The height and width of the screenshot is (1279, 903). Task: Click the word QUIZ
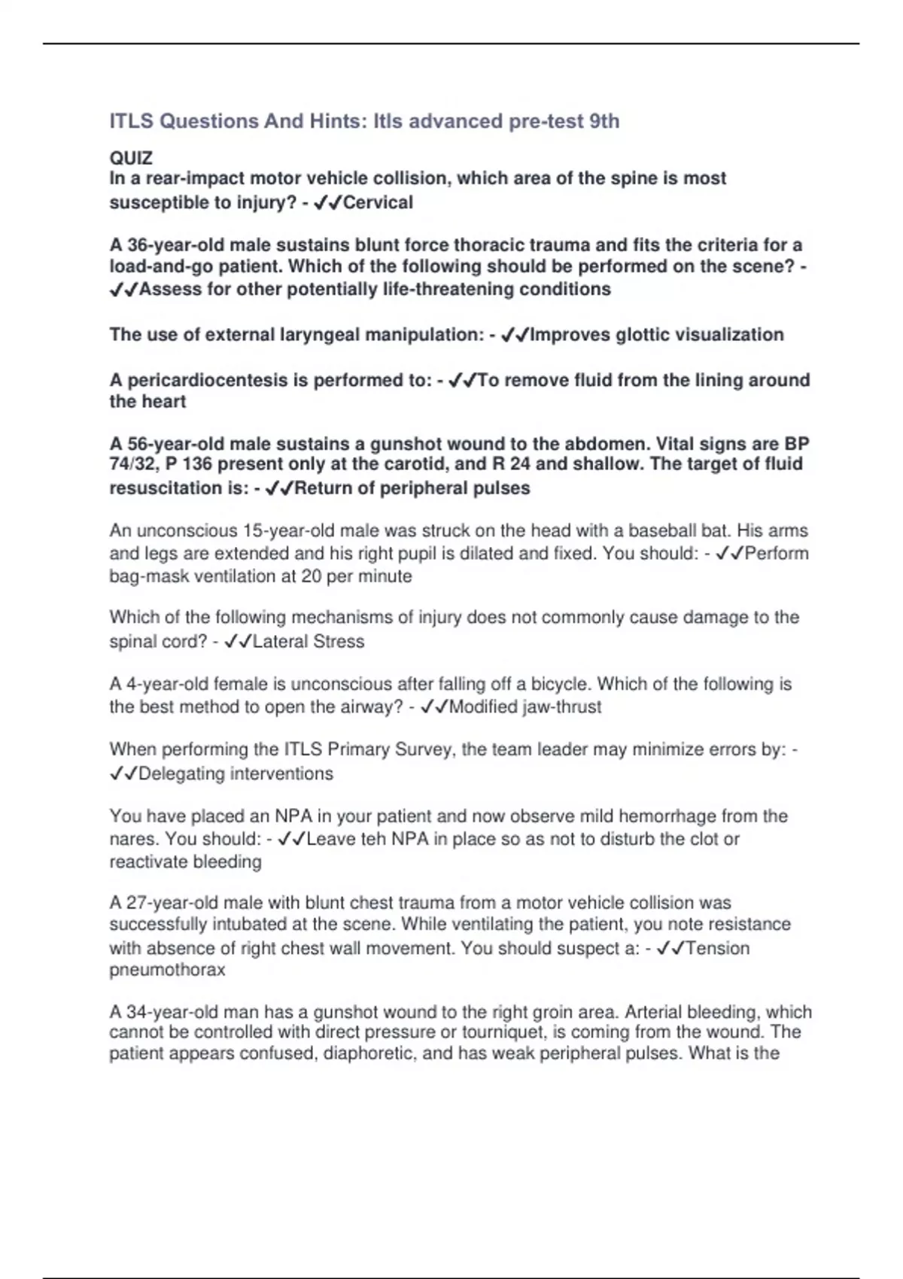[131, 158]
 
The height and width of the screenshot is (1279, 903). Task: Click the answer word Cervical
[378, 202]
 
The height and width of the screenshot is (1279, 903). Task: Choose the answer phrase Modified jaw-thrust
[525, 707]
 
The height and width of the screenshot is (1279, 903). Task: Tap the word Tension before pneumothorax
[717, 948]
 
